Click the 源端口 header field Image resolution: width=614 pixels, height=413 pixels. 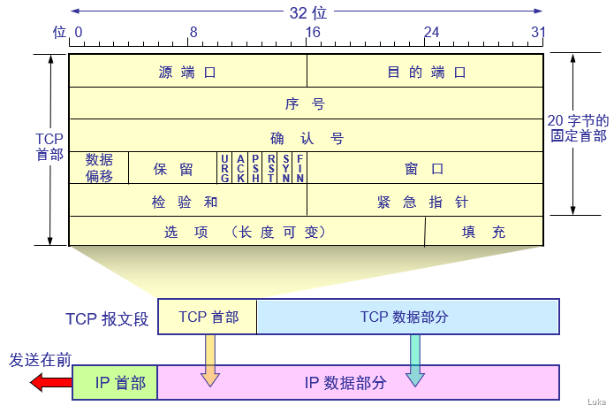click(x=187, y=72)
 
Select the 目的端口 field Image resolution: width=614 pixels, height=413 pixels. click(x=426, y=72)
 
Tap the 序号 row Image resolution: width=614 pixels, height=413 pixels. click(x=306, y=103)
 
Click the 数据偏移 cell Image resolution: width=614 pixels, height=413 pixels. click(x=99, y=167)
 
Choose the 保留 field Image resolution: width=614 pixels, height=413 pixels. click(x=173, y=168)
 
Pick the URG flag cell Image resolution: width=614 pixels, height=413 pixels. click(x=225, y=167)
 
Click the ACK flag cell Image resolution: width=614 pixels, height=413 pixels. click(x=240, y=167)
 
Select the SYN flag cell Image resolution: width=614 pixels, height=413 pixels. click(x=286, y=167)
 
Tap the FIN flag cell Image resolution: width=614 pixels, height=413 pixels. click(x=300, y=167)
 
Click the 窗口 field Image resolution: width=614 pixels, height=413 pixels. click(x=425, y=168)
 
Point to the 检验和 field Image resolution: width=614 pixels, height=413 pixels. click(x=187, y=201)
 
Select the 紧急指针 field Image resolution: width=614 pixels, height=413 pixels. click(x=425, y=201)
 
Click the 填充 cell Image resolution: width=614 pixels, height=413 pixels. click(x=484, y=232)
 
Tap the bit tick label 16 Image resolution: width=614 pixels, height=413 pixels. click(x=311, y=33)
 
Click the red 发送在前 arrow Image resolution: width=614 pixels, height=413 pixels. click(x=50, y=382)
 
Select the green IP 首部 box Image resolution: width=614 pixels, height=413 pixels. click(x=114, y=383)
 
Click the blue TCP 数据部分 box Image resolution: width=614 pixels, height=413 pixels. click(x=407, y=317)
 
